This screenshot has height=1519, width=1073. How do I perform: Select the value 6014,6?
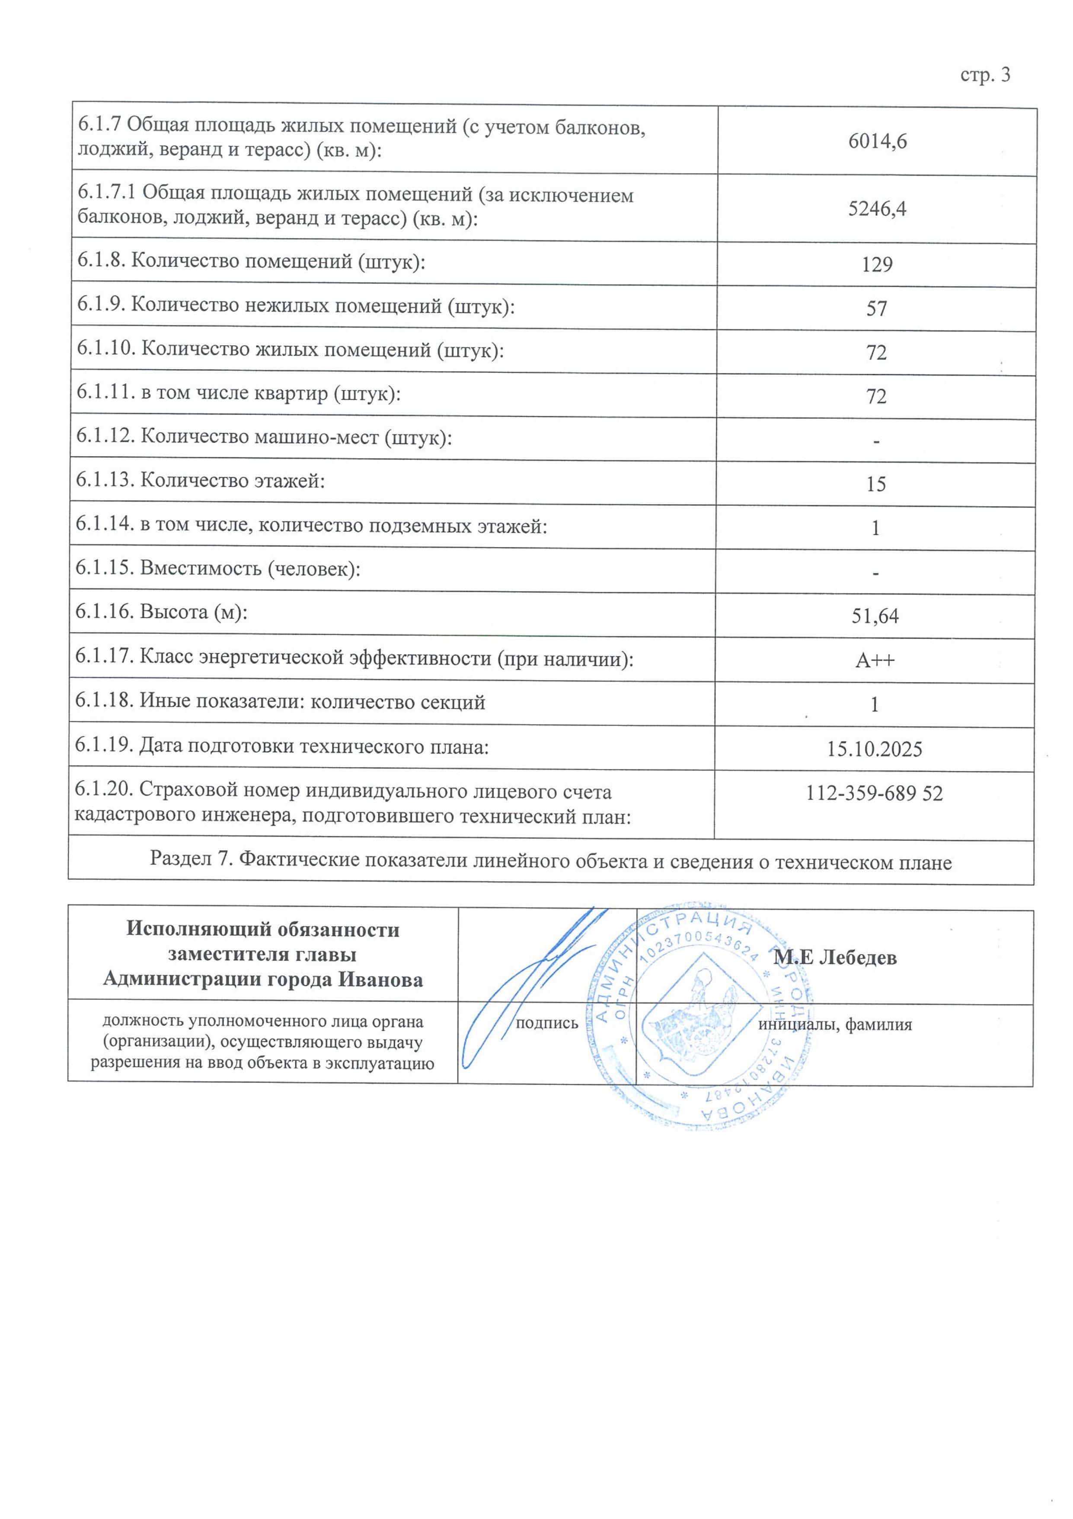[877, 141]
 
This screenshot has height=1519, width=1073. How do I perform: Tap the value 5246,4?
[877, 209]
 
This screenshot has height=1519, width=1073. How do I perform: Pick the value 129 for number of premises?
[877, 265]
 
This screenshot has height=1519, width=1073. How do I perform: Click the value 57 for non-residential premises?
[877, 309]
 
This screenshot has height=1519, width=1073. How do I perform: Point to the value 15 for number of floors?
[876, 484]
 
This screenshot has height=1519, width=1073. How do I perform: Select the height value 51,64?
[875, 617]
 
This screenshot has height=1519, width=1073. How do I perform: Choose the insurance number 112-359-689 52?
[874, 793]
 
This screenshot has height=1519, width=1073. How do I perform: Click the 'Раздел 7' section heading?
[551, 861]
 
